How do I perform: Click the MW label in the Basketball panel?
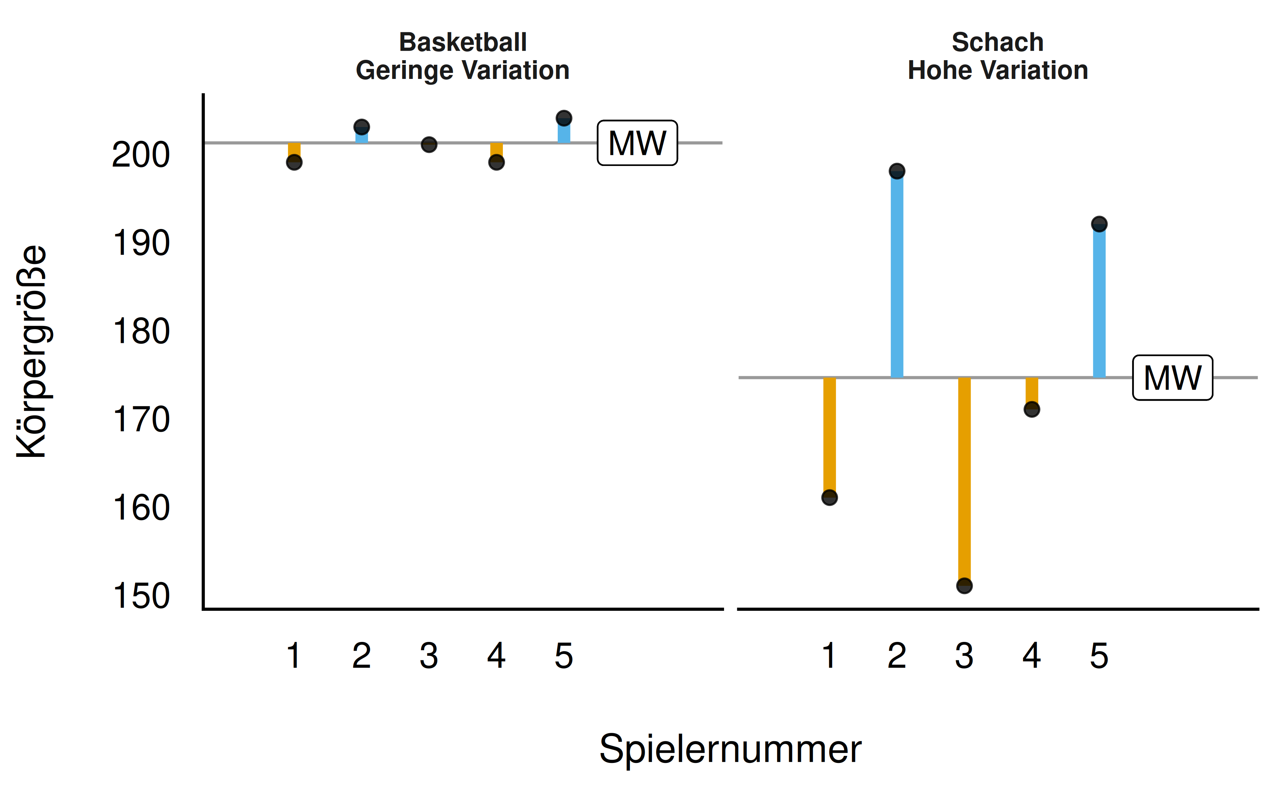coord(637,143)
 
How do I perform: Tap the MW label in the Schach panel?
coord(1172,378)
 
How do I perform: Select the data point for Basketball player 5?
coord(564,118)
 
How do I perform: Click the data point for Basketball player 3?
coord(429,145)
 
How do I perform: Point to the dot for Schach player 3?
coord(964,586)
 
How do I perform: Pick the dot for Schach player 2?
coord(897,171)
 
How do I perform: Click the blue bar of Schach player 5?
coord(1099,302)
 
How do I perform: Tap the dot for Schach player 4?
coord(1032,410)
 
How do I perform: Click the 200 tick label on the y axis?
coord(140,155)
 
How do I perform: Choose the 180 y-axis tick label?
coord(140,332)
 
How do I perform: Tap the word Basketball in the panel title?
coord(463,42)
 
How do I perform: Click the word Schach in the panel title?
coord(998,42)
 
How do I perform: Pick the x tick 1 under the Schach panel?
coord(830,656)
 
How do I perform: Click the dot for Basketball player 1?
coord(294,162)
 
